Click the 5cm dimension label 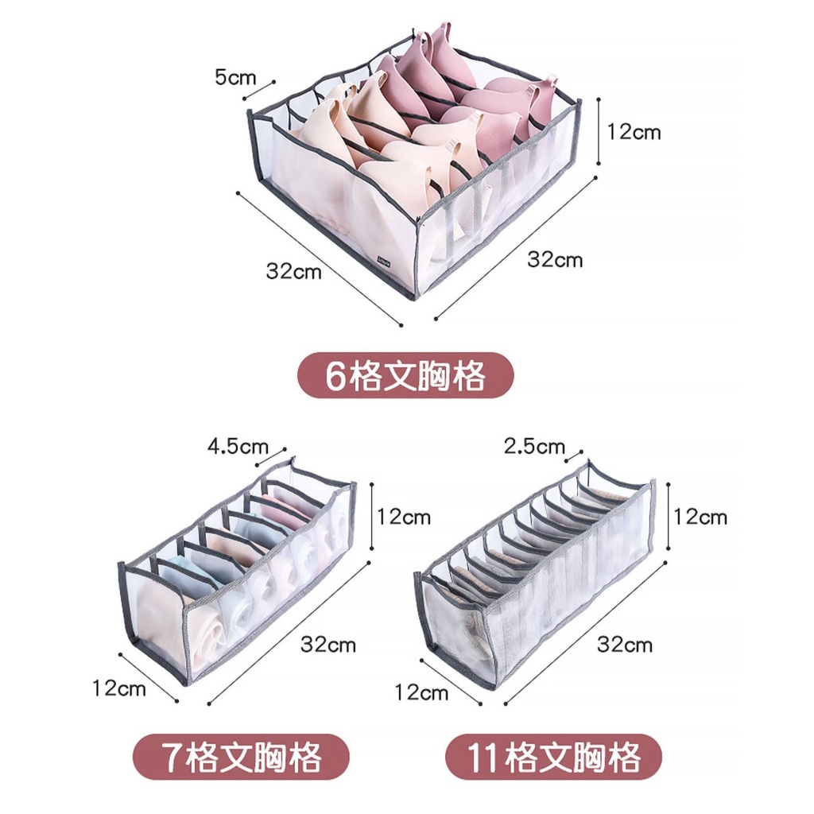[235, 78]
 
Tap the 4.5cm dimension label [238, 446]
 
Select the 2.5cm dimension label [534, 446]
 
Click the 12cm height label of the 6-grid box [634, 132]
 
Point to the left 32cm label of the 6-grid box [293, 271]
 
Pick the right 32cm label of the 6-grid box [555, 259]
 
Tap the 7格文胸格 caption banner [241, 758]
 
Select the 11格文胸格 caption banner [553, 758]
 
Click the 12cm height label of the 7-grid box [404, 517]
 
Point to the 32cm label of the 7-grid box [328, 644]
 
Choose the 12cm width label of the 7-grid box [119, 688]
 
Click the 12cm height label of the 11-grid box [700, 517]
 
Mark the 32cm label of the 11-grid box [625, 644]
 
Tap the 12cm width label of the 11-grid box [421, 693]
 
